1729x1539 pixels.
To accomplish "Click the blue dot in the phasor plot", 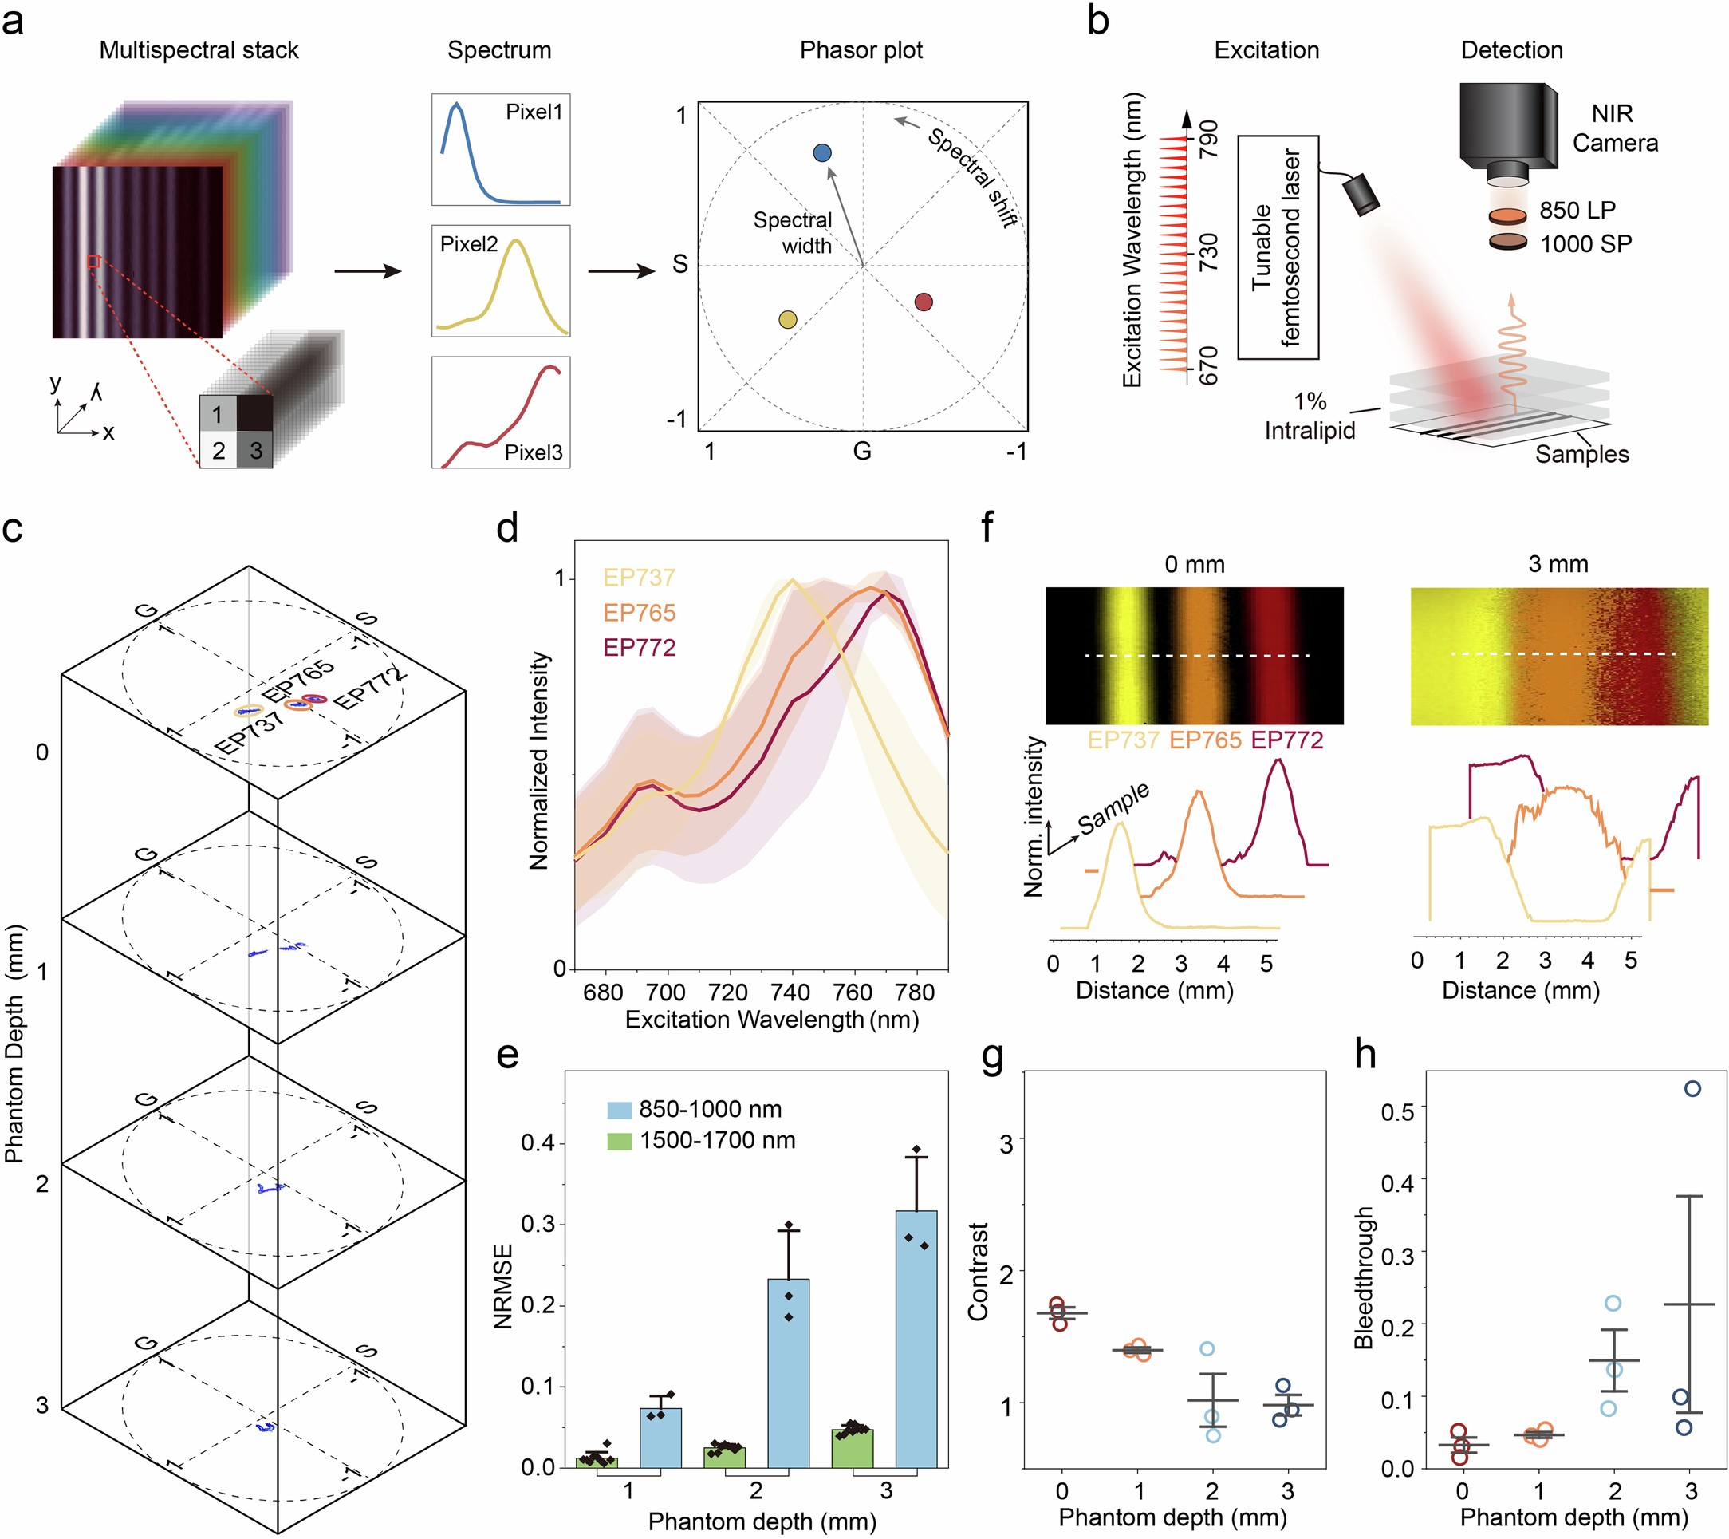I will (x=821, y=153).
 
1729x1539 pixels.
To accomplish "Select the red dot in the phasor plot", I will (x=924, y=302).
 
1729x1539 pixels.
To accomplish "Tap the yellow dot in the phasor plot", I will (x=787, y=320).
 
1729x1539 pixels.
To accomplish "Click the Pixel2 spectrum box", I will (x=501, y=281).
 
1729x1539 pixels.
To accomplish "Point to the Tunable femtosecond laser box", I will (x=1278, y=247).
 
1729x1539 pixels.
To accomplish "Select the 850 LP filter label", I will (x=1577, y=211).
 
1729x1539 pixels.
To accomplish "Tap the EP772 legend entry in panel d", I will (x=640, y=648).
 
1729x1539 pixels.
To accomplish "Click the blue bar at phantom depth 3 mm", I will (x=916, y=1340).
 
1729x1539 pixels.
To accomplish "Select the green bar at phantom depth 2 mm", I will (x=725, y=1457).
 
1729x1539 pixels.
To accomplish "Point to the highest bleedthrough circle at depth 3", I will (x=1692, y=1089).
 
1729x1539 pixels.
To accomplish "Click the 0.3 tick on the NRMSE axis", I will (x=538, y=1225).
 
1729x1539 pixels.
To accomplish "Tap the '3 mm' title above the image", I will (x=1558, y=564).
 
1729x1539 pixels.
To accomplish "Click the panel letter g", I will (x=992, y=1055).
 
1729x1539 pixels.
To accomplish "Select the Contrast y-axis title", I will (x=979, y=1272).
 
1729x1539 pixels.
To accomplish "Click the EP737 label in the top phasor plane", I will (x=249, y=733).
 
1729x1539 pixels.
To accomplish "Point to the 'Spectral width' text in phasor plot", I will (x=793, y=233).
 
